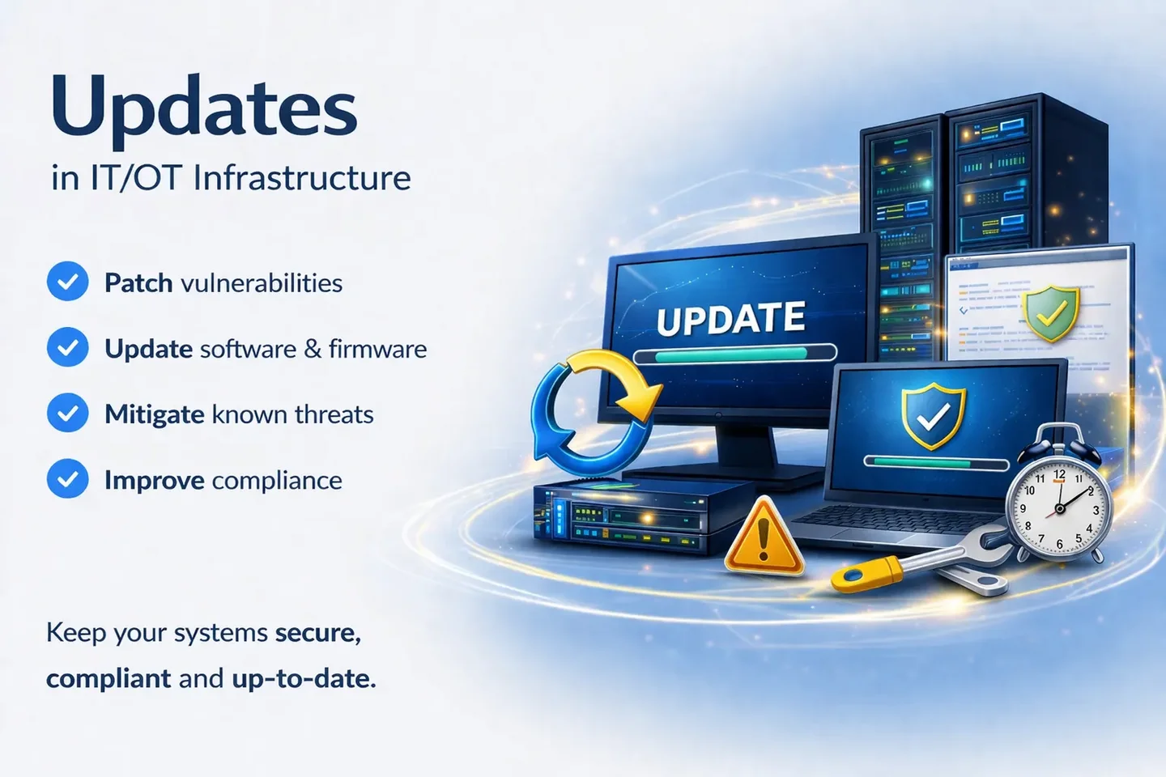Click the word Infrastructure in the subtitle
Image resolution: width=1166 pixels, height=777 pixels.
point(301,178)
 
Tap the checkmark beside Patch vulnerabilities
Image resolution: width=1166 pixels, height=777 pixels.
point(68,282)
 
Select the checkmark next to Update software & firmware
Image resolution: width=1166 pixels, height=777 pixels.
point(68,348)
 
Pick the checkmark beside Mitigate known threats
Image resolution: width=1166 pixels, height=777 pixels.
point(68,414)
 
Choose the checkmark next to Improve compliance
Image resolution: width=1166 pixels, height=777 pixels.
point(68,479)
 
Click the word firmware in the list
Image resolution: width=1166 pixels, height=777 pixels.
point(377,349)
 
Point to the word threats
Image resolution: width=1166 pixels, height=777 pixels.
point(334,414)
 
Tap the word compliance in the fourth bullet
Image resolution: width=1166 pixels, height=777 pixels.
point(277,481)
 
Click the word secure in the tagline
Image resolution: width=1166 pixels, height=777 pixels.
point(317,632)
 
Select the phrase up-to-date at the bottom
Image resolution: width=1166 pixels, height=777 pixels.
point(304,678)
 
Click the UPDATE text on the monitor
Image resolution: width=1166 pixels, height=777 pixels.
point(730,319)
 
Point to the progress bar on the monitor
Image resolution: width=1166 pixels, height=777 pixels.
point(734,354)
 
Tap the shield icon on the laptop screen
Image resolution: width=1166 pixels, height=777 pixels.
point(934,415)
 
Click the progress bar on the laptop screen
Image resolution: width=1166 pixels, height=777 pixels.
point(936,463)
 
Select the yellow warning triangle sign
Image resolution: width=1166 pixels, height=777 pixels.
point(763,538)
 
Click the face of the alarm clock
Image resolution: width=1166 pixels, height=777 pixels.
point(1058,509)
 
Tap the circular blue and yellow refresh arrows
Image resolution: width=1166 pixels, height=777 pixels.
point(591,414)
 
